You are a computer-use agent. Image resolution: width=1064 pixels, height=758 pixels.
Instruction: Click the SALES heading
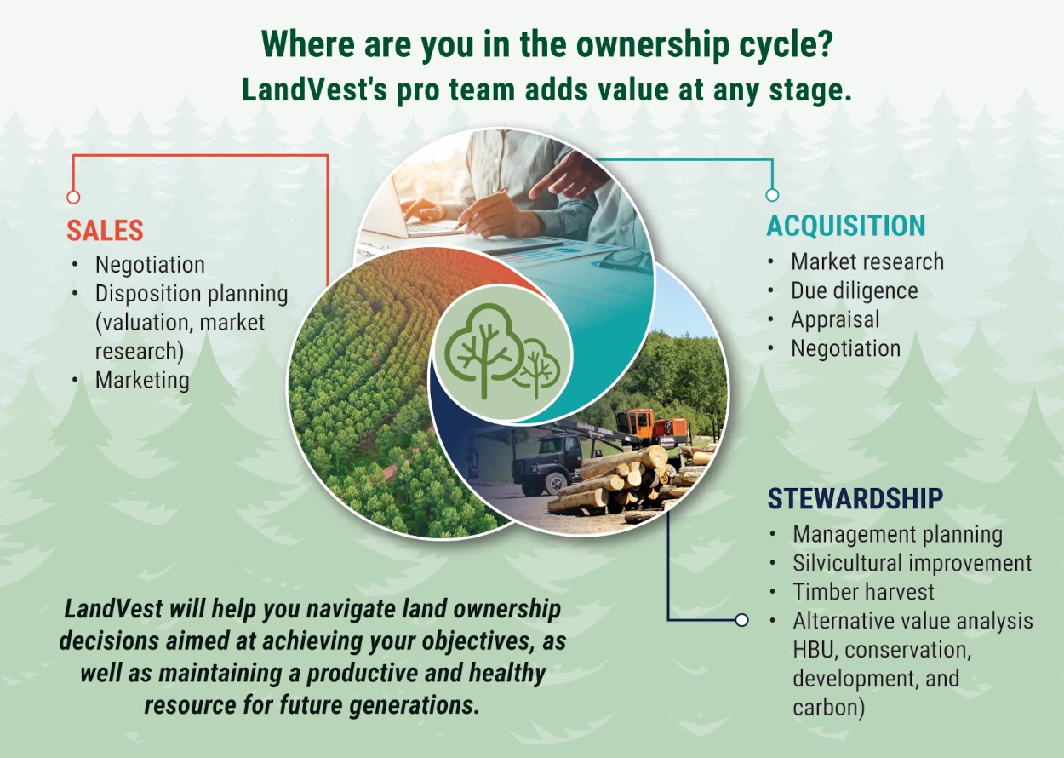[105, 231]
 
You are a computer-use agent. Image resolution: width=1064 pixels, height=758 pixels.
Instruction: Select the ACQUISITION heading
[846, 226]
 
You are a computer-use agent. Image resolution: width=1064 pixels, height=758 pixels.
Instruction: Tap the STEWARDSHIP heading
[855, 498]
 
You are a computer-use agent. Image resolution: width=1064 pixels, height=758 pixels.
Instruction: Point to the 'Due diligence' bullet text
[854, 290]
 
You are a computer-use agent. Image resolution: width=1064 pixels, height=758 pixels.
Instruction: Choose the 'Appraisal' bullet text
[835, 319]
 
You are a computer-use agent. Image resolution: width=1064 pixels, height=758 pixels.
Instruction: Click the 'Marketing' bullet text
[142, 380]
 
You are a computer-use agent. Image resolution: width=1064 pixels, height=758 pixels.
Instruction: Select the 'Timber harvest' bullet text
[863, 592]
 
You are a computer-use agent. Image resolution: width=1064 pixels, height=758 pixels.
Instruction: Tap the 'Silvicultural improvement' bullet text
[912, 563]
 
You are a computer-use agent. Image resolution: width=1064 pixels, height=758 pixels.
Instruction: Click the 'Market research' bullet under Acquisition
[867, 261]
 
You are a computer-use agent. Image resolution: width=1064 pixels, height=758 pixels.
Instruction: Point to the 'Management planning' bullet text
[897, 534]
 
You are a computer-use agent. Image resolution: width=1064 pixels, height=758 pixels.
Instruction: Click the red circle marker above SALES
[73, 197]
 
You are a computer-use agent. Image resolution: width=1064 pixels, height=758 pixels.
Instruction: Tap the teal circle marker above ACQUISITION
[772, 195]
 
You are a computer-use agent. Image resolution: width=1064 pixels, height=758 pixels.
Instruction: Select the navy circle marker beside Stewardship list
[741, 620]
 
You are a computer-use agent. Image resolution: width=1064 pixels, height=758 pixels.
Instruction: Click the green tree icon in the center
[501, 353]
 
